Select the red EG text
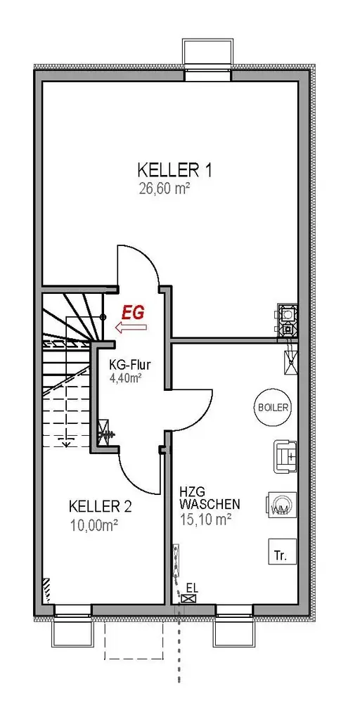(134, 313)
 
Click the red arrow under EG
(131, 328)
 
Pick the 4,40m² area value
(126, 378)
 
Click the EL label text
(193, 586)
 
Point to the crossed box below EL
(188, 598)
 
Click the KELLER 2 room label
(100, 507)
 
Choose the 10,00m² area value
(94, 524)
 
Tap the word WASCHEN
(210, 503)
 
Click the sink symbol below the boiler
(285, 456)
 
